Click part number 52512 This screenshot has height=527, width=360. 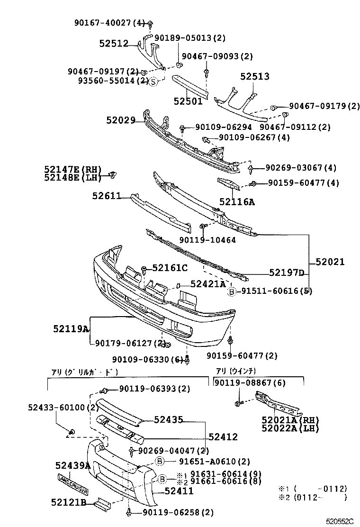click(x=114, y=44)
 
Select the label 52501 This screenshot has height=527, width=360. click(x=188, y=101)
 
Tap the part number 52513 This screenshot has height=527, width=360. click(x=254, y=76)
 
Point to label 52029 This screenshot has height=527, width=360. click(x=121, y=121)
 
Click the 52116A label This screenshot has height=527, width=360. click(x=236, y=202)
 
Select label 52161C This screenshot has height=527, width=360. click(x=170, y=268)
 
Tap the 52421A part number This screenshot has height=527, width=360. click(x=208, y=284)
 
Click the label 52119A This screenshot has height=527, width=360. click(x=71, y=328)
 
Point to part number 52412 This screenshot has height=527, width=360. click(x=223, y=437)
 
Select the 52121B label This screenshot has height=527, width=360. click(x=68, y=502)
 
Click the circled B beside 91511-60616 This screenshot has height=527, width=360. click(x=232, y=291)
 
